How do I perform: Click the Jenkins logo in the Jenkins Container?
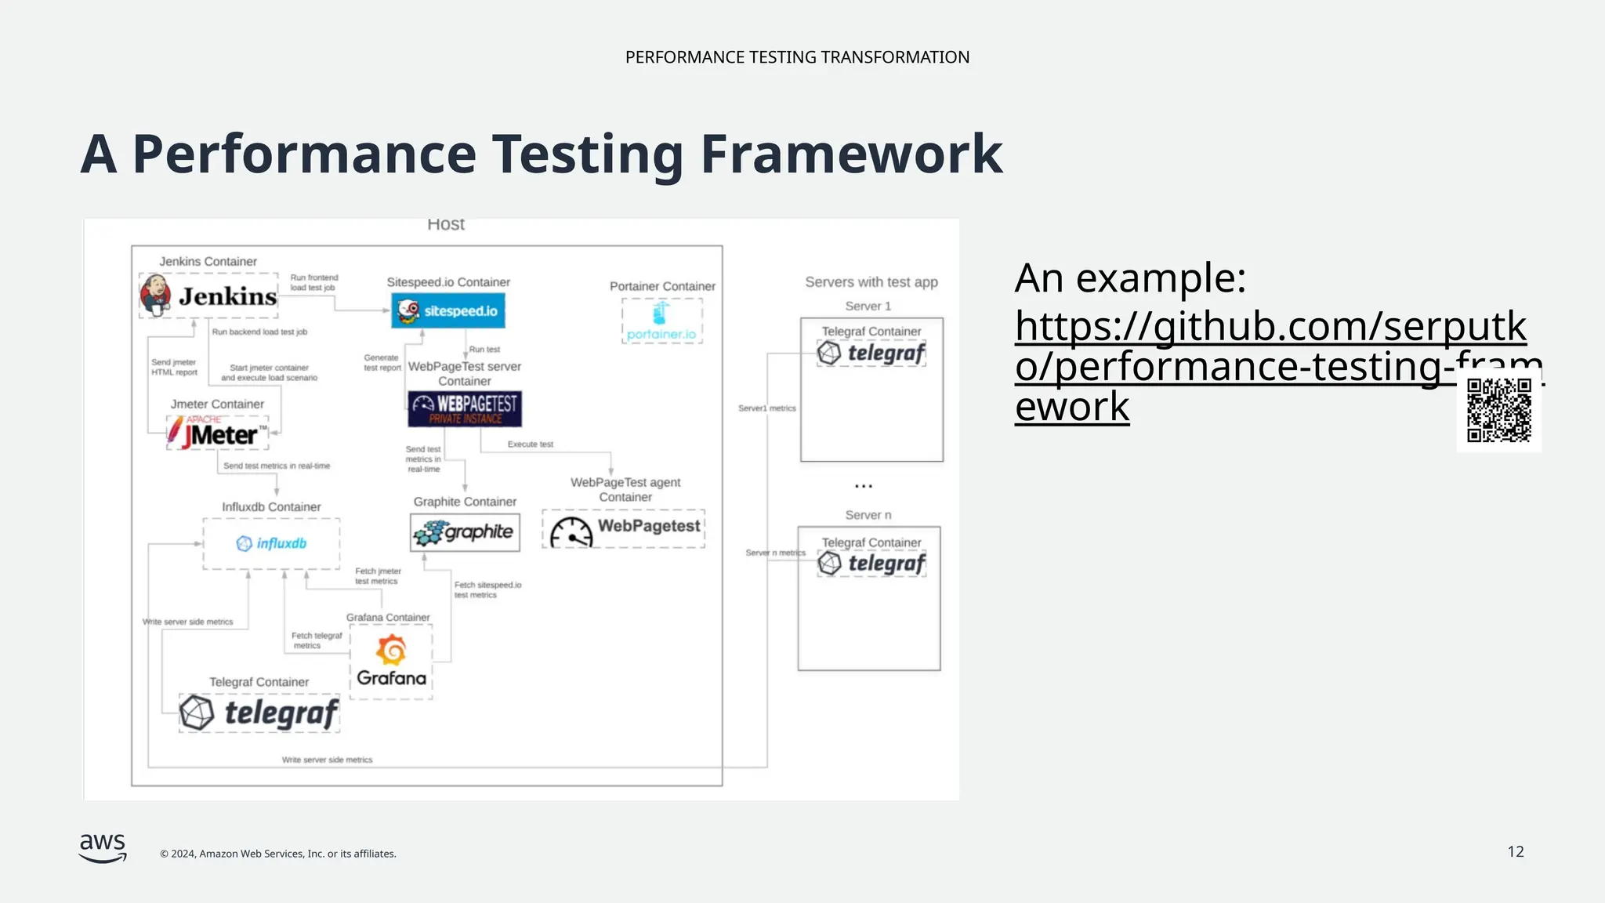(x=208, y=296)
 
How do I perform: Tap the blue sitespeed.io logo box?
(x=448, y=310)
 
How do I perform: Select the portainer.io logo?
(x=662, y=321)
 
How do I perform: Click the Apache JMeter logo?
(x=217, y=432)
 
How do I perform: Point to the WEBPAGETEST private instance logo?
(x=465, y=408)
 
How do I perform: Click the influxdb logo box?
(x=271, y=543)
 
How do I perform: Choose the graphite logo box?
(x=465, y=532)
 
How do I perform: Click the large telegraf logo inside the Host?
(x=259, y=713)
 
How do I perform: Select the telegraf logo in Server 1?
(x=871, y=354)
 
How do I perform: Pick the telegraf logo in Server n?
(x=871, y=564)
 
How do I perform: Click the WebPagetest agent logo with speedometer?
(x=624, y=529)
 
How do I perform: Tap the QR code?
(x=1498, y=410)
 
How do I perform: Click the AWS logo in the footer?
(x=103, y=847)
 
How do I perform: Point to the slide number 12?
(x=1515, y=851)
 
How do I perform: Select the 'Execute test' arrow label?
(x=530, y=444)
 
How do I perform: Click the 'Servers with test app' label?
(x=871, y=282)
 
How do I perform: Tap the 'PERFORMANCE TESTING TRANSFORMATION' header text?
(x=797, y=57)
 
